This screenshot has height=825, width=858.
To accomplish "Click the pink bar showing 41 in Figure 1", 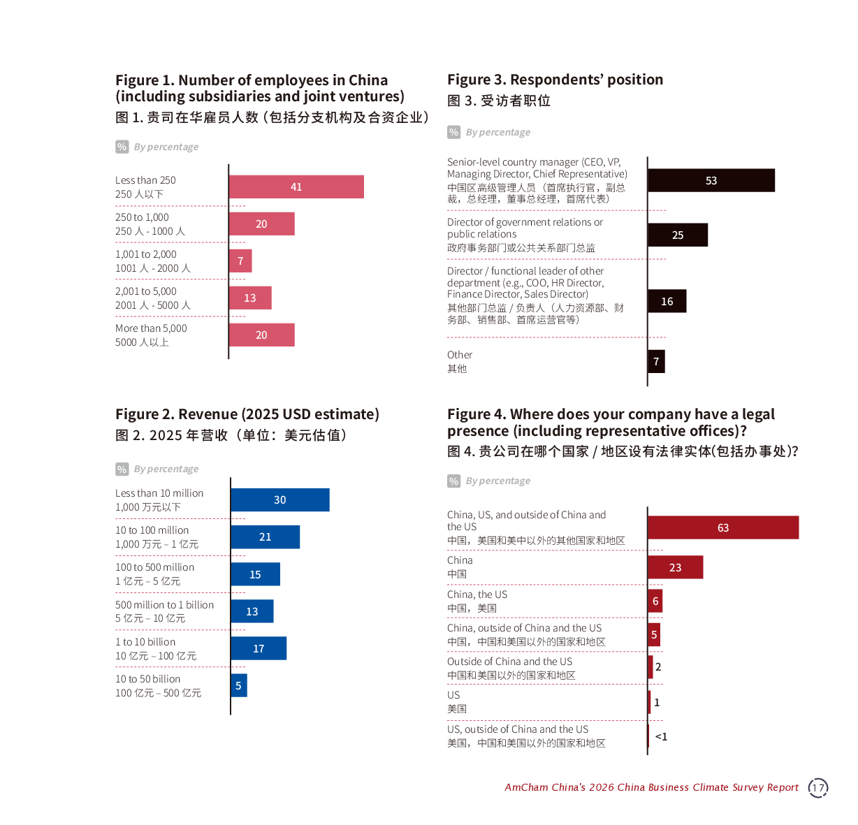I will [x=296, y=187].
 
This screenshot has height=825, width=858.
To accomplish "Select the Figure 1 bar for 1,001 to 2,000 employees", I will [x=240, y=261].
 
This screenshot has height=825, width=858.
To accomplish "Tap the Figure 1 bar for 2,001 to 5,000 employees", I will [x=250, y=298].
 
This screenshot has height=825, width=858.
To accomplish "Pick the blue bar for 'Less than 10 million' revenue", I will [x=280, y=500].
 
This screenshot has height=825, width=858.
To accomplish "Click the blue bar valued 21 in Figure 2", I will [x=266, y=537].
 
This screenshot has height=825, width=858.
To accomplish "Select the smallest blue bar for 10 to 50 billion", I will [x=239, y=685].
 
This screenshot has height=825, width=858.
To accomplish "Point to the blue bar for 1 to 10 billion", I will [x=259, y=648].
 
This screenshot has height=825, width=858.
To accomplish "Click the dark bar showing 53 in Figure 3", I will [x=711, y=180].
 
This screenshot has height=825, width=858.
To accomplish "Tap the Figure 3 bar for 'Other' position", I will [x=656, y=361].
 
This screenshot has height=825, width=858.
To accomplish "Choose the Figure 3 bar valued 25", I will [x=678, y=235].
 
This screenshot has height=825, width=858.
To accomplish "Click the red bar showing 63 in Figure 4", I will [x=723, y=527].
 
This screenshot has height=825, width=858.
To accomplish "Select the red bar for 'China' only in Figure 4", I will [x=676, y=567].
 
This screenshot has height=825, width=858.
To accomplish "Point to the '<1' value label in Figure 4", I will [x=661, y=736].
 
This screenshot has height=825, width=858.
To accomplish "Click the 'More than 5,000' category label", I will [x=151, y=328].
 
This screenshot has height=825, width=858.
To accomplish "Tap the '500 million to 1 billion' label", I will [x=165, y=605].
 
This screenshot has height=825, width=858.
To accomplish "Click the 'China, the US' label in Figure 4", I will [x=477, y=594].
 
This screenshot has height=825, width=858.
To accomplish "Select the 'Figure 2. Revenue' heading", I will [x=247, y=414].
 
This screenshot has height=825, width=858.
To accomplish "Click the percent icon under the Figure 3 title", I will [x=454, y=132].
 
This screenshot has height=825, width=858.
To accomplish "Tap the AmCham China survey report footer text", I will [x=651, y=787].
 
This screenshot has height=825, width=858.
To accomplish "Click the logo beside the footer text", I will [x=818, y=788].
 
